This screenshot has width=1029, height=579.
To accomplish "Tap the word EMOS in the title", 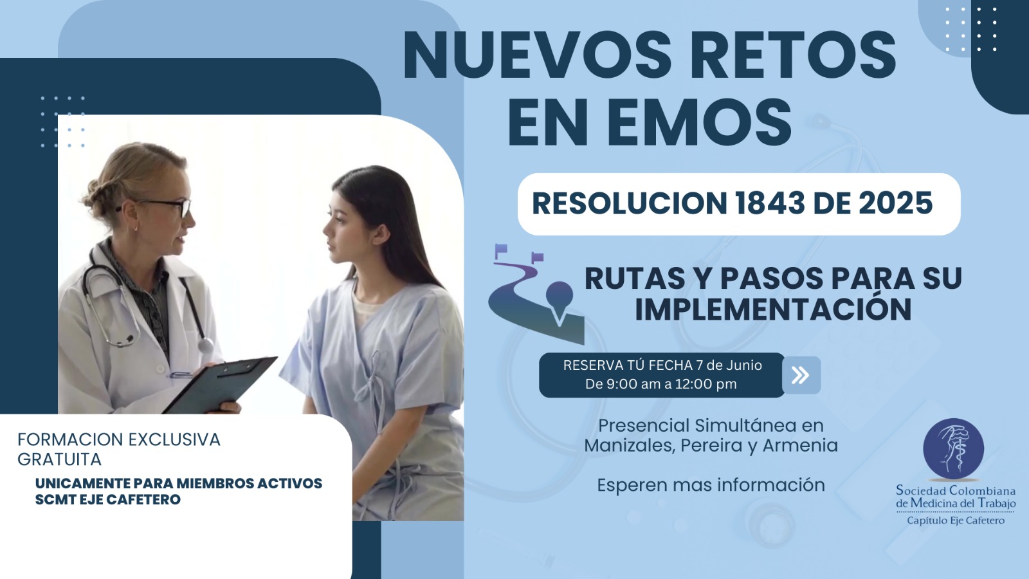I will pyautogui.click(x=700, y=123).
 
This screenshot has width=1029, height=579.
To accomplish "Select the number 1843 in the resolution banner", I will pyautogui.click(x=769, y=204).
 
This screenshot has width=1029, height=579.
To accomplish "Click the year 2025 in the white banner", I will pyautogui.click(x=895, y=204).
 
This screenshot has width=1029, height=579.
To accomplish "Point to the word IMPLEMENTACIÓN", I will pyautogui.click(x=773, y=309).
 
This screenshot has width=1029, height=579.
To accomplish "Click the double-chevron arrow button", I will pyautogui.click(x=801, y=375).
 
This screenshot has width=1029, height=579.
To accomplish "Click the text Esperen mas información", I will pyautogui.click(x=711, y=485).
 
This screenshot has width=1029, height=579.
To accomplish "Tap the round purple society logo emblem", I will pyautogui.click(x=953, y=449).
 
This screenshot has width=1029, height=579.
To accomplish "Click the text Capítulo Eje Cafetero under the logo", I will pyautogui.click(x=956, y=520).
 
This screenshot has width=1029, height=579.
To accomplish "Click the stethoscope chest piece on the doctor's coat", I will pyautogui.click(x=205, y=345).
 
